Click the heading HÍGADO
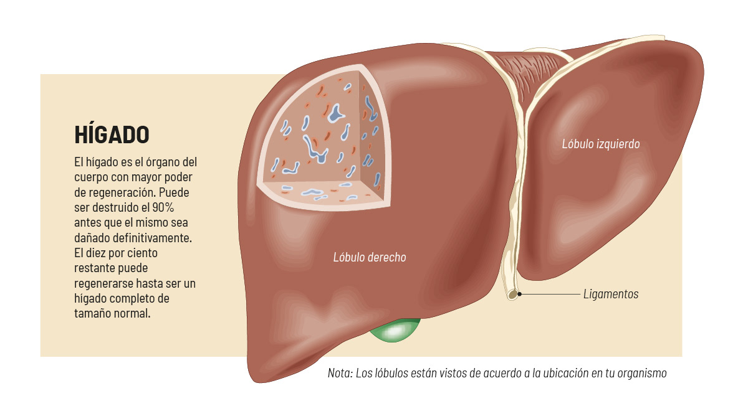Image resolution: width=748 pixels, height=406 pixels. [x=112, y=134]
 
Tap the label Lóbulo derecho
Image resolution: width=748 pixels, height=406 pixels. [x=370, y=257]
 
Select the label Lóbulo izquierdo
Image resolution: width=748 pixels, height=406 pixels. [x=600, y=144]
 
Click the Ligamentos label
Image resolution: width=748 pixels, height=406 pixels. [x=611, y=294]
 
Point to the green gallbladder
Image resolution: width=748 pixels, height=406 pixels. [x=394, y=331]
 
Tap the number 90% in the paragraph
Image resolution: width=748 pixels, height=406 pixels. [x=184, y=207]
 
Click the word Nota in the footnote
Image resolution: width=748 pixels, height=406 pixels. [x=340, y=374]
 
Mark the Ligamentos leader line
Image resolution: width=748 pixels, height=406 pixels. [x=549, y=293]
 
